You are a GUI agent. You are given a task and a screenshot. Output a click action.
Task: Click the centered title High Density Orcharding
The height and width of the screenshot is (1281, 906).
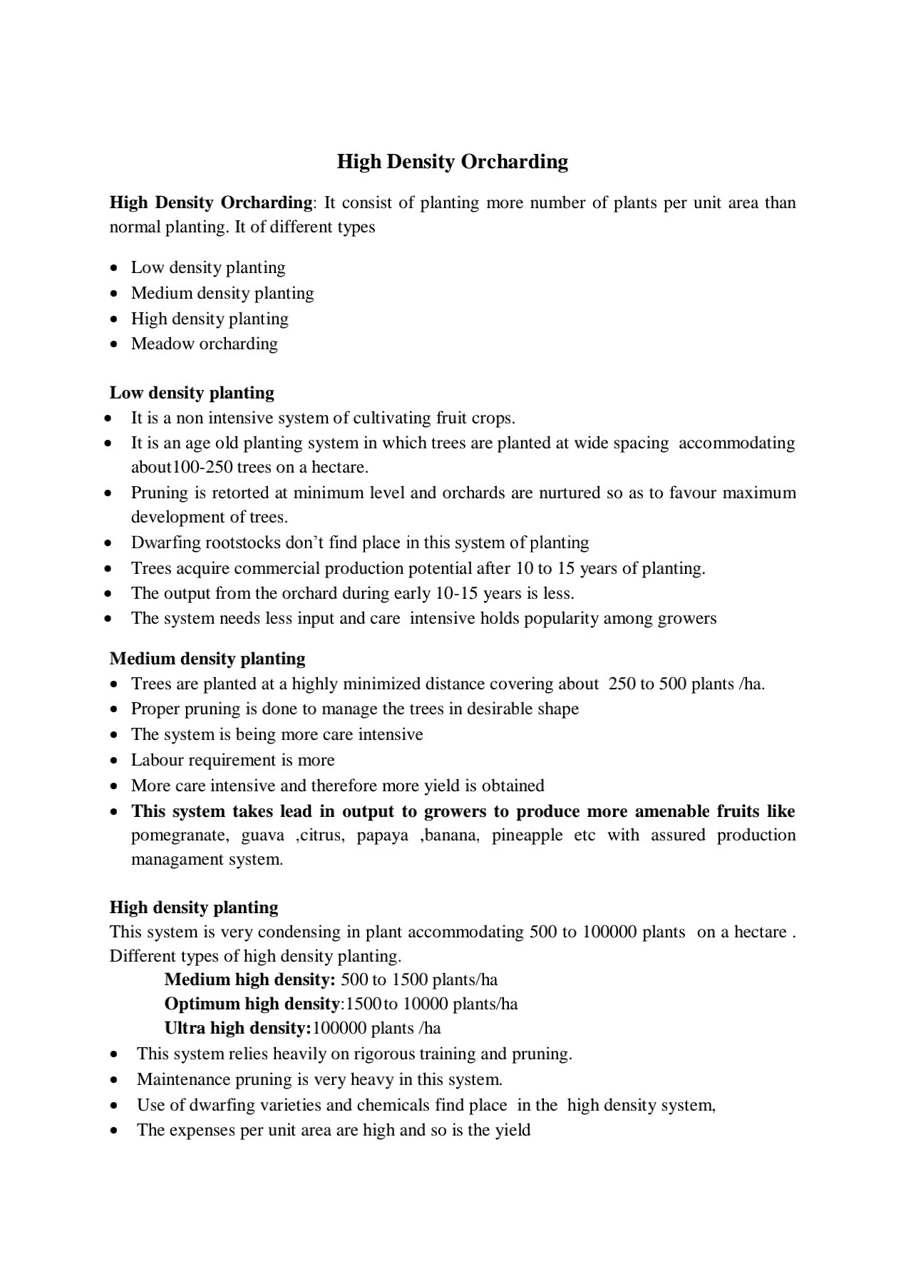click(453, 162)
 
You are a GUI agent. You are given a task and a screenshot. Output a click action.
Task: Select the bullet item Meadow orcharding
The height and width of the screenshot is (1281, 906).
click(204, 344)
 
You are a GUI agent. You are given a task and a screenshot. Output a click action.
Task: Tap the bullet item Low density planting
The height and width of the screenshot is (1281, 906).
click(207, 267)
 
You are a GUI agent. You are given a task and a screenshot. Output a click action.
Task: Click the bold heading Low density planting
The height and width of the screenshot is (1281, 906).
click(192, 393)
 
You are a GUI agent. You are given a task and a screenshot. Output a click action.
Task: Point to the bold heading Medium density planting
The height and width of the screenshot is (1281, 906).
click(207, 659)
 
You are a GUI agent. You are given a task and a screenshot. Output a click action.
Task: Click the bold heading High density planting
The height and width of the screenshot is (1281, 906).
click(194, 907)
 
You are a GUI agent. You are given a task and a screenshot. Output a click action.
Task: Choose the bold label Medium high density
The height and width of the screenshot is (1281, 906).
click(249, 979)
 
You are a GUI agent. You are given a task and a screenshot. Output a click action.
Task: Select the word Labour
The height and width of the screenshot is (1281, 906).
click(157, 760)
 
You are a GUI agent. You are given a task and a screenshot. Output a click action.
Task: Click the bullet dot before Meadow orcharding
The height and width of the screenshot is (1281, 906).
click(115, 344)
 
